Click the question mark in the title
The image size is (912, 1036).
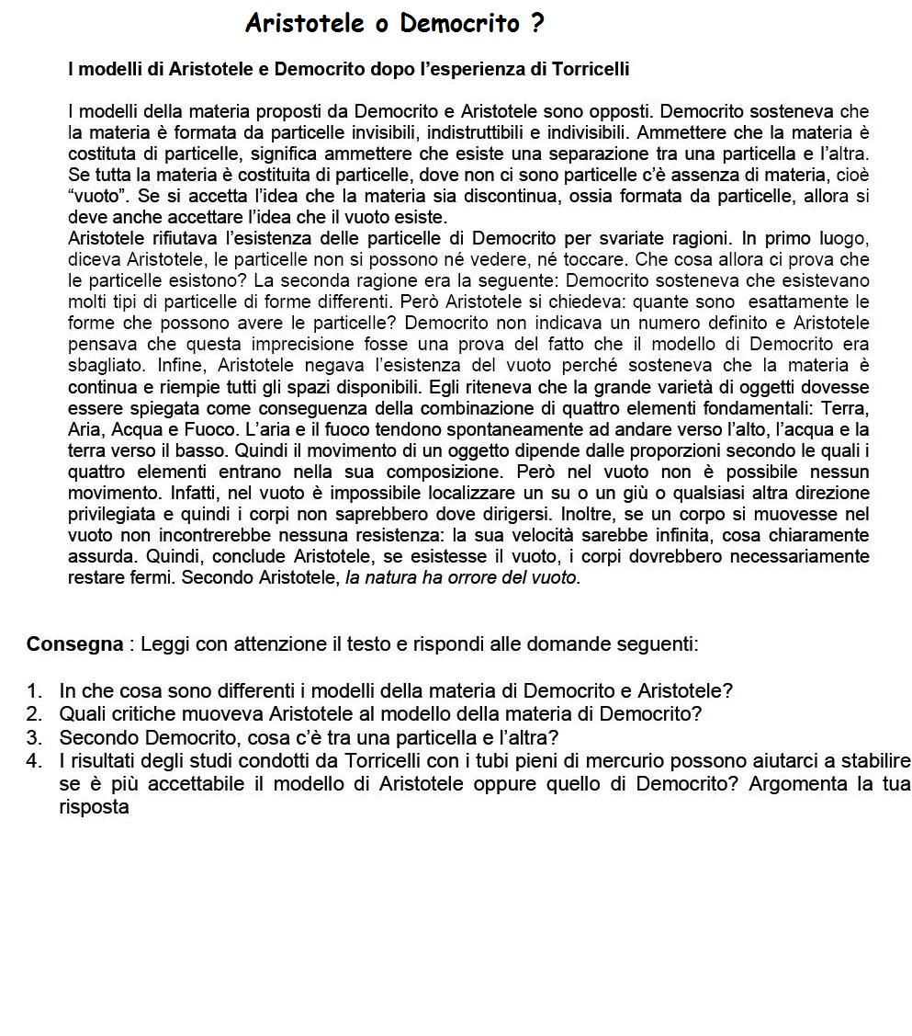537,24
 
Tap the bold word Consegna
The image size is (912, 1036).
74,643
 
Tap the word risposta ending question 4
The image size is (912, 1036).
94,807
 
